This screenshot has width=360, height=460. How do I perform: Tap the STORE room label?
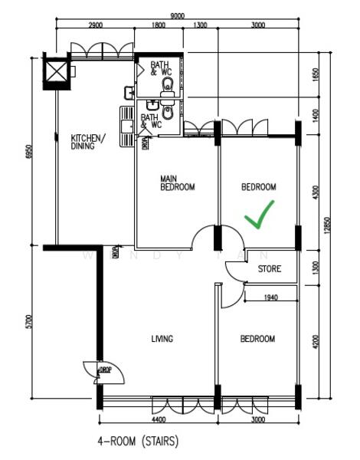269,269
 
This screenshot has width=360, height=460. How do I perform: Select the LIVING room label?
162,339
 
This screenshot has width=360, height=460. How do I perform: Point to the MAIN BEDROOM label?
177,182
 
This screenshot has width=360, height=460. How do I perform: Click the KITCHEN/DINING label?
89,142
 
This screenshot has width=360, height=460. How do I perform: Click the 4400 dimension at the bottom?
157,420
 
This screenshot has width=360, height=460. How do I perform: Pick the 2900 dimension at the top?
97,25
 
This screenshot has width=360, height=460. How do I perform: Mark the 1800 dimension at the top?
159,25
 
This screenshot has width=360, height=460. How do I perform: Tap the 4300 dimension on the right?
316,192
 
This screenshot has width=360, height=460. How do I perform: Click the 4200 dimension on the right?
316,337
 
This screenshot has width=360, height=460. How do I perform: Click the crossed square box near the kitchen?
57,73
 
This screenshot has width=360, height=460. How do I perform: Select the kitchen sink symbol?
127,120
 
